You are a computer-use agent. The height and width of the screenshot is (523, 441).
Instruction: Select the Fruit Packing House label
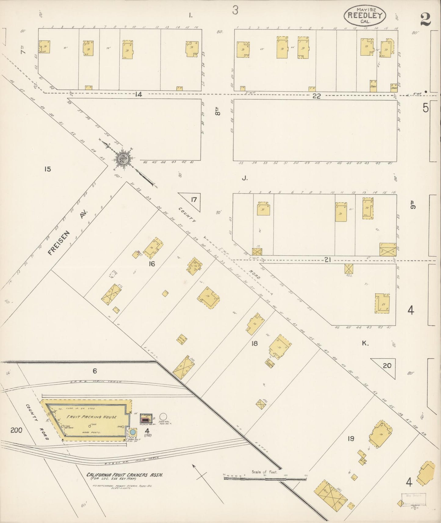point(88,417)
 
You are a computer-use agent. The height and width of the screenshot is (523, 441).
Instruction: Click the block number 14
point(139,95)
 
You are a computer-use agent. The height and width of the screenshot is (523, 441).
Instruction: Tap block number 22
point(316,96)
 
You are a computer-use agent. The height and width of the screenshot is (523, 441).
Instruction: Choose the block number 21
point(327,260)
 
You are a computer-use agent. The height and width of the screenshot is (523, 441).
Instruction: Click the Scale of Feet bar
point(265,478)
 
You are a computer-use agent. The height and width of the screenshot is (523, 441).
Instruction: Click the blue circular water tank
point(133,432)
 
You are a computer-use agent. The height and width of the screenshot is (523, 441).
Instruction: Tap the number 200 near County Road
point(16,431)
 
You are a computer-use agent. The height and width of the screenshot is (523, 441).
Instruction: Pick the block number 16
point(152,264)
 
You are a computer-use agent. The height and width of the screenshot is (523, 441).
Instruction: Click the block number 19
point(351,439)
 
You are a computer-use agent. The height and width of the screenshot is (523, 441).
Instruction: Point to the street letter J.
point(244,178)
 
